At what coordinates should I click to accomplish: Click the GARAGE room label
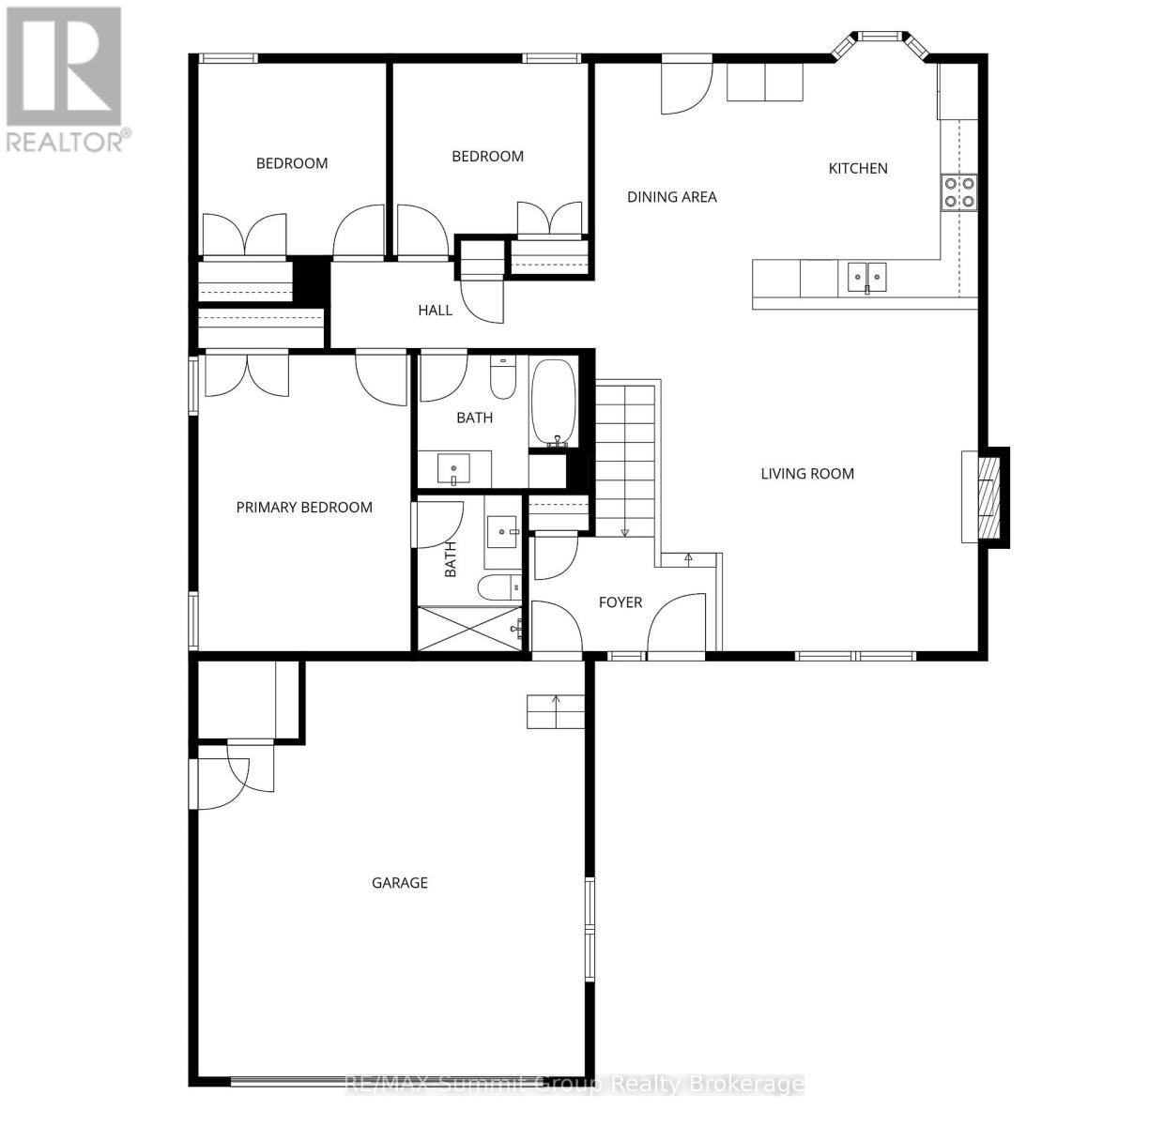coord(399,882)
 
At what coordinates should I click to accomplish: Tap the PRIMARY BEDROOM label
coord(304,507)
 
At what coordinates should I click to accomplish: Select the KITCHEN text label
coord(857,168)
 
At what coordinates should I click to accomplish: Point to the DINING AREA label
coord(671,196)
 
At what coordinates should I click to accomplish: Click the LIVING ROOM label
coord(807,473)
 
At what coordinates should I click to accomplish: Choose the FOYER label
coord(620,601)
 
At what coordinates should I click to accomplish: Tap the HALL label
coord(435,310)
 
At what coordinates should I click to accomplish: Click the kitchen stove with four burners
coord(958,192)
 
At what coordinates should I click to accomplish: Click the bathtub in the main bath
coord(553,403)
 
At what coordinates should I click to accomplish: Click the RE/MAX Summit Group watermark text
coord(574,1084)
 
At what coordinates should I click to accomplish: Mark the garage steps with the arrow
coord(555,712)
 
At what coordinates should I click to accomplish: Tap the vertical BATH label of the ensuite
coord(450,559)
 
